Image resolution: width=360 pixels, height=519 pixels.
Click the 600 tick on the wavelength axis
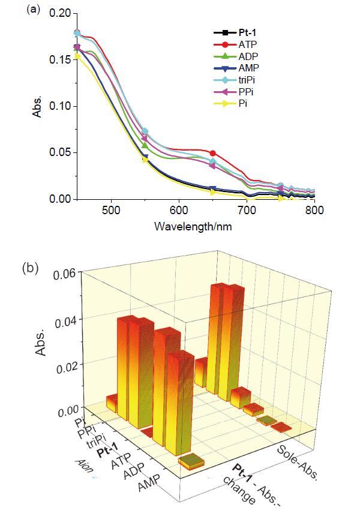[178, 211]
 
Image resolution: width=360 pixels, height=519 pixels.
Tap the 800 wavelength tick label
[314, 211]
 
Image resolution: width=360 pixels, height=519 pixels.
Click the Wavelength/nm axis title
[193, 226]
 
